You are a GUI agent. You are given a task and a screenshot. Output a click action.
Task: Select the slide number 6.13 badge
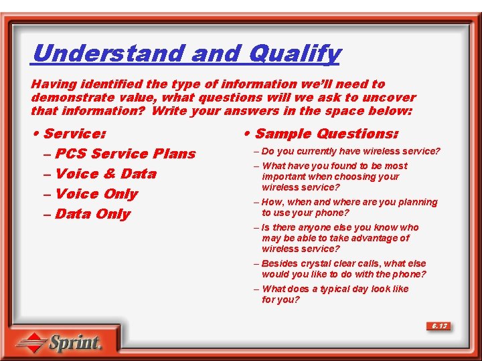pyautogui.click(x=439, y=326)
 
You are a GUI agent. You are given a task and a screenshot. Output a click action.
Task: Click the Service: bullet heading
pyautogui.click(x=73, y=134)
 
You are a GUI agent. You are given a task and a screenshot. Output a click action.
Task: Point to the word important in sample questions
pyautogui.click(x=284, y=176)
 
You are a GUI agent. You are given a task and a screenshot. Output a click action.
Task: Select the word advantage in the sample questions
pyautogui.click(x=386, y=238)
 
